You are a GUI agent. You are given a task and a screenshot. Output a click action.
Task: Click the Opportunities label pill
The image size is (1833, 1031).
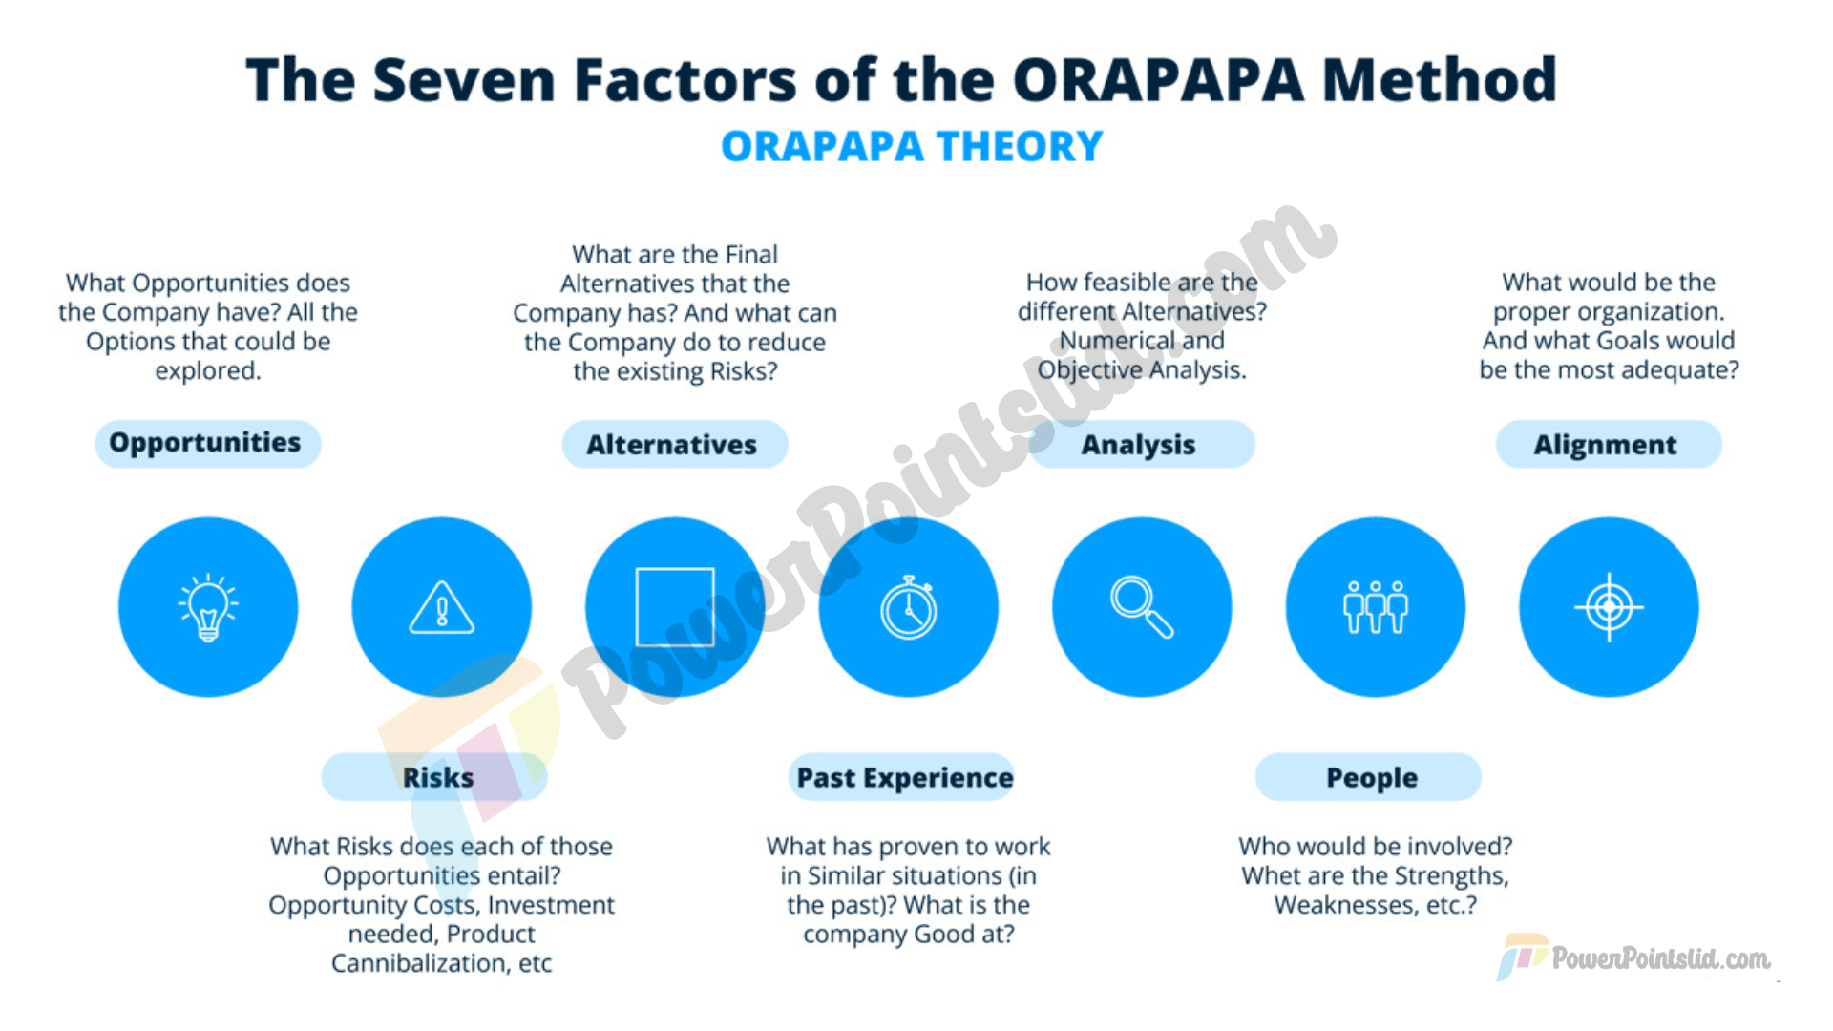[208, 444]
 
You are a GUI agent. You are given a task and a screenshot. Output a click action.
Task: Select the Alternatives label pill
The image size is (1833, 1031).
[675, 444]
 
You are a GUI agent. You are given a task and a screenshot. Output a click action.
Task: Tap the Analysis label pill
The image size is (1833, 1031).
[1142, 444]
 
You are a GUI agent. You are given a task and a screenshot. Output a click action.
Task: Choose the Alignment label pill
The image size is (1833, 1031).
[1609, 444]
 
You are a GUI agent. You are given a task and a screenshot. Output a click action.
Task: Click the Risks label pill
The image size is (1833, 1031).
[434, 777]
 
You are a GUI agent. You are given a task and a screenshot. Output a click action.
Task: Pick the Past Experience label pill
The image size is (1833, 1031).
[901, 777]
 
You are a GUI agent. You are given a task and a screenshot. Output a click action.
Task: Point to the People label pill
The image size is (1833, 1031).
[1368, 777]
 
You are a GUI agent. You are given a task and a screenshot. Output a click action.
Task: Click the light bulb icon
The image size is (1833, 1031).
[208, 607]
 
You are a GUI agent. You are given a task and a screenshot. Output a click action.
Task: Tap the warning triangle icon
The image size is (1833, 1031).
[441, 607]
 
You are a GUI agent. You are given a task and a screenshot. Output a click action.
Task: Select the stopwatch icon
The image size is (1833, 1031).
[909, 608]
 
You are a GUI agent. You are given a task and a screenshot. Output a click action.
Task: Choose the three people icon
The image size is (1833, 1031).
[1375, 607]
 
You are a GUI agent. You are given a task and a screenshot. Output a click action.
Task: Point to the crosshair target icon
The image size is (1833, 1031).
[1609, 607]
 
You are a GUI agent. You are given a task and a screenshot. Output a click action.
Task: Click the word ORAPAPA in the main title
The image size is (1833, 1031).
[1158, 79]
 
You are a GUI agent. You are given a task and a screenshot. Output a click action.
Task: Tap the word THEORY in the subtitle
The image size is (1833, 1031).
[1020, 147]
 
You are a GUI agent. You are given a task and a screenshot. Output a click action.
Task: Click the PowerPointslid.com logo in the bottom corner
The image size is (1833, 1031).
[1633, 957]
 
